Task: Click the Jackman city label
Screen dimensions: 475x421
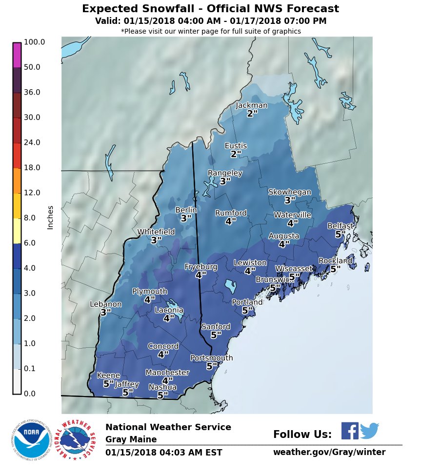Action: click(251, 105)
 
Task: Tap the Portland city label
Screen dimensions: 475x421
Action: click(247, 302)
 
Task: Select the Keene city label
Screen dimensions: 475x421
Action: click(108, 376)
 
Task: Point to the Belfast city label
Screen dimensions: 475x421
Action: click(340, 226)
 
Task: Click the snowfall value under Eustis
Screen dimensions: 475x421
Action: click(236, 154)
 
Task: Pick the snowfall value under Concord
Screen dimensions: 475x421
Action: click(163, 355)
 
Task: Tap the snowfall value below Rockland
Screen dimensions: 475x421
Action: click(335, 269)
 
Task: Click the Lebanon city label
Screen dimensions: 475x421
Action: click(106, 304)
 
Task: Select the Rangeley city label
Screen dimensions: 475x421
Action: click(225, 173)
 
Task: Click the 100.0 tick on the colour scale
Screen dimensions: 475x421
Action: click(34, 42)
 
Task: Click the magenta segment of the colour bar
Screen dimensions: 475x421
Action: click(17, 55)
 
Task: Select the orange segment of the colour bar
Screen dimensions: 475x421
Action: click(17, 180)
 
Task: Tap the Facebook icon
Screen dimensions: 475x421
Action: click(349, 431)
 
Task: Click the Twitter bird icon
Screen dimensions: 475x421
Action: click(369, 431)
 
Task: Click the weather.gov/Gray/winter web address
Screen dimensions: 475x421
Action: click(329, 452)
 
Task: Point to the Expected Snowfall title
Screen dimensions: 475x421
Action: click(210, 9)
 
